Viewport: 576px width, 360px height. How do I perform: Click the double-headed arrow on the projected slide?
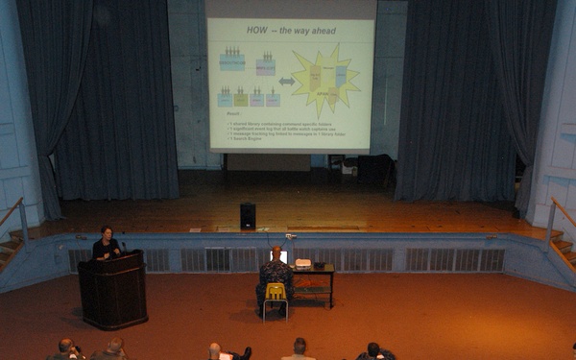coord(286,82)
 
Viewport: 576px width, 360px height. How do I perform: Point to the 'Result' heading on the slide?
coord(233,113)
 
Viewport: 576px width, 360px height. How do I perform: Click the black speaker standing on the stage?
coord(248,216)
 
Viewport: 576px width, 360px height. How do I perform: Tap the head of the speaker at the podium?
coord(107,233)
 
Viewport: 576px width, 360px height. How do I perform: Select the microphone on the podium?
coord(123,247)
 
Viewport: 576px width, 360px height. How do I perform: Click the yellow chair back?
coord(276,290)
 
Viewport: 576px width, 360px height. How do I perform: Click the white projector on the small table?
coord(303,262)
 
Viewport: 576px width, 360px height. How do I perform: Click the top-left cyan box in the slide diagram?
coord(232,61)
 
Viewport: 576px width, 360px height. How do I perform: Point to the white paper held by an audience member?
coord(225,356)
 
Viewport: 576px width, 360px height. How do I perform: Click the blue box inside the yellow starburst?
coord(341,75)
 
